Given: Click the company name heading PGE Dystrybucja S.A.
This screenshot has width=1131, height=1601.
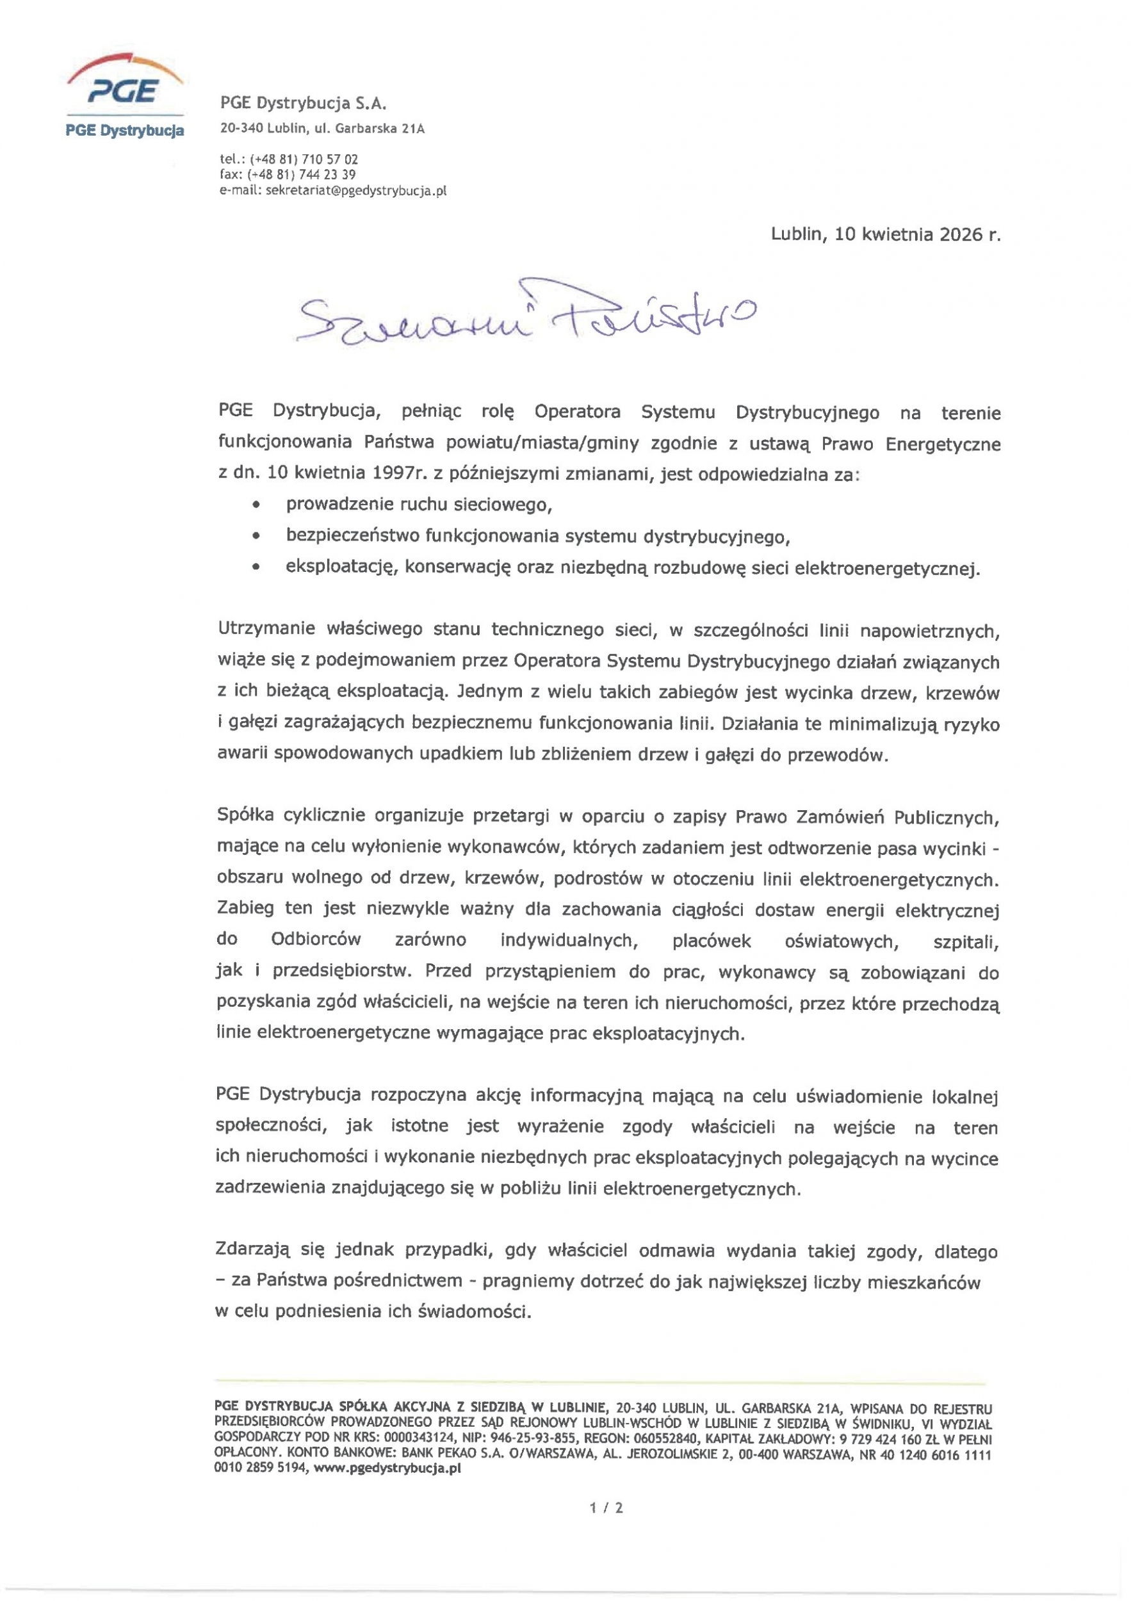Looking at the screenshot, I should (x=303, y=104).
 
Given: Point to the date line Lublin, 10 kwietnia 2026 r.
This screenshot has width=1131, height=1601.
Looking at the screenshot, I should (x=885, y=234).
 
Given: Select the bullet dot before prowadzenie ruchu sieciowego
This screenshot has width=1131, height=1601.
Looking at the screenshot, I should (x=257, y=504).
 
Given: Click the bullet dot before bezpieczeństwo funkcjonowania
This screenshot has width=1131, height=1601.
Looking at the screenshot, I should (x=257, y=536).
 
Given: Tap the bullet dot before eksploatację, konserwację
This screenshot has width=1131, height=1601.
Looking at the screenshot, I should (x=257, y=567).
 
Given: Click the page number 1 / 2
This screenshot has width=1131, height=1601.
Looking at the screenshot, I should (x=606, y=1508).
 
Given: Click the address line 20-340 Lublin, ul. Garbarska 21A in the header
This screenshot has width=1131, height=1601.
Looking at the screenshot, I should (x=321, y=129).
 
